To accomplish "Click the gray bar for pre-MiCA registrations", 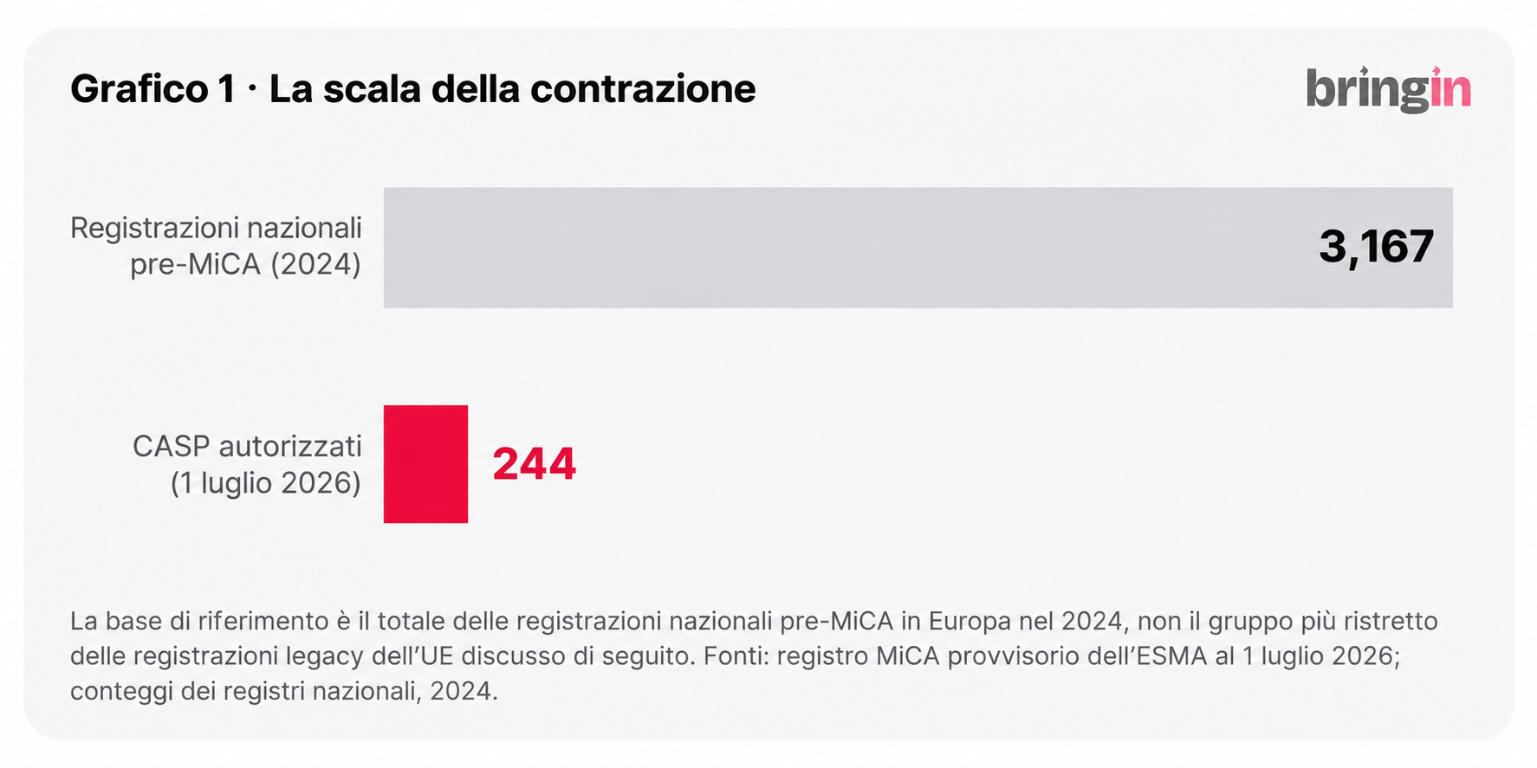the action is (918, 248).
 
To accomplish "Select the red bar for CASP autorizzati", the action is (425, 464).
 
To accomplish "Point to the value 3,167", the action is (1376, 248).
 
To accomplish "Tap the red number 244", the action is (535, 464).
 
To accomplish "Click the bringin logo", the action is (1388, 89).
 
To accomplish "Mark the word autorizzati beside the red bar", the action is (290, 447).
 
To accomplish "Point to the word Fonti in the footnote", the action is (728, 656).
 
